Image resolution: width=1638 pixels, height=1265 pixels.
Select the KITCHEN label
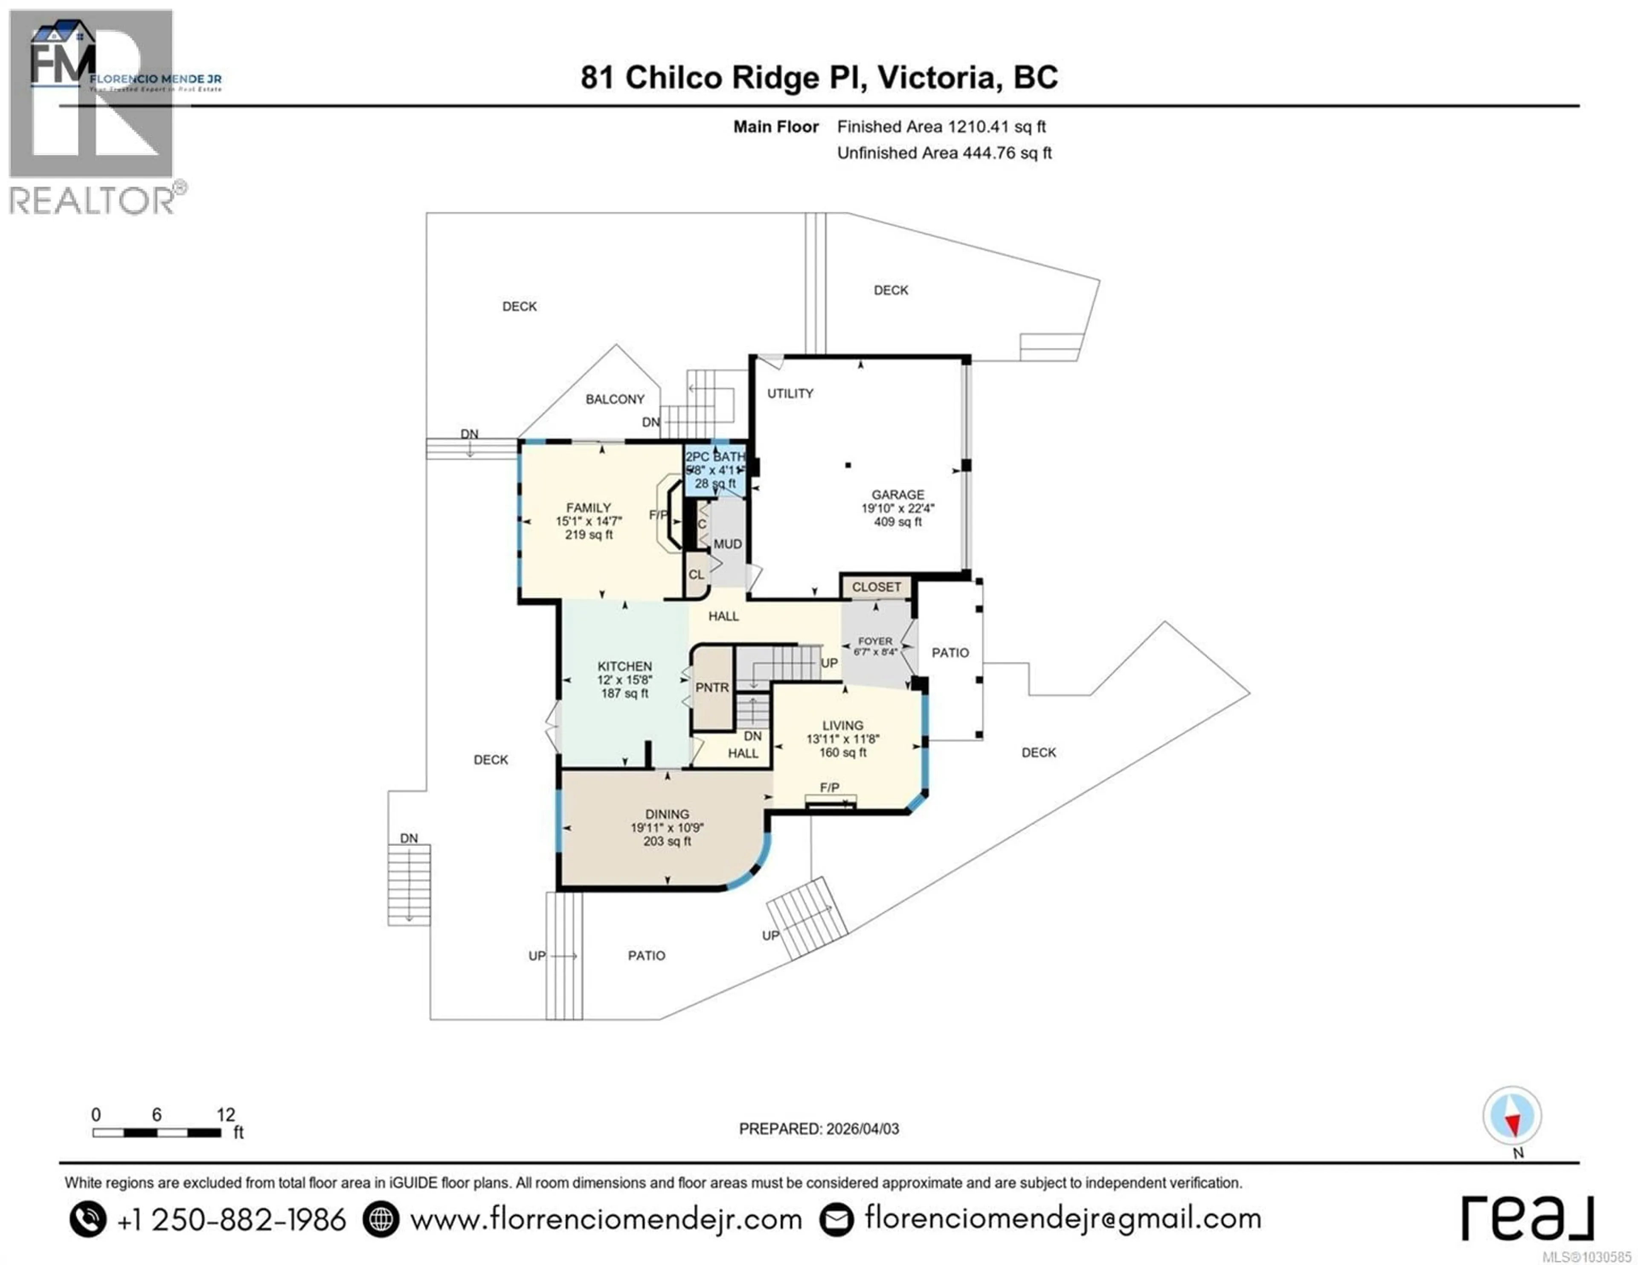[624, 666]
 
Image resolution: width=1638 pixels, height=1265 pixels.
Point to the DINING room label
[667, 813]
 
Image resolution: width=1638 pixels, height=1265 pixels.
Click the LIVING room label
[842, 725]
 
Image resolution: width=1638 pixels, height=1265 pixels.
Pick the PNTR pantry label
[712, 688]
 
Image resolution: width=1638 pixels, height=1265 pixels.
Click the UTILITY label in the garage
[790, 394]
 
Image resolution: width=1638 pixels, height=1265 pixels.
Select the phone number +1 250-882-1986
[231, 1219]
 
